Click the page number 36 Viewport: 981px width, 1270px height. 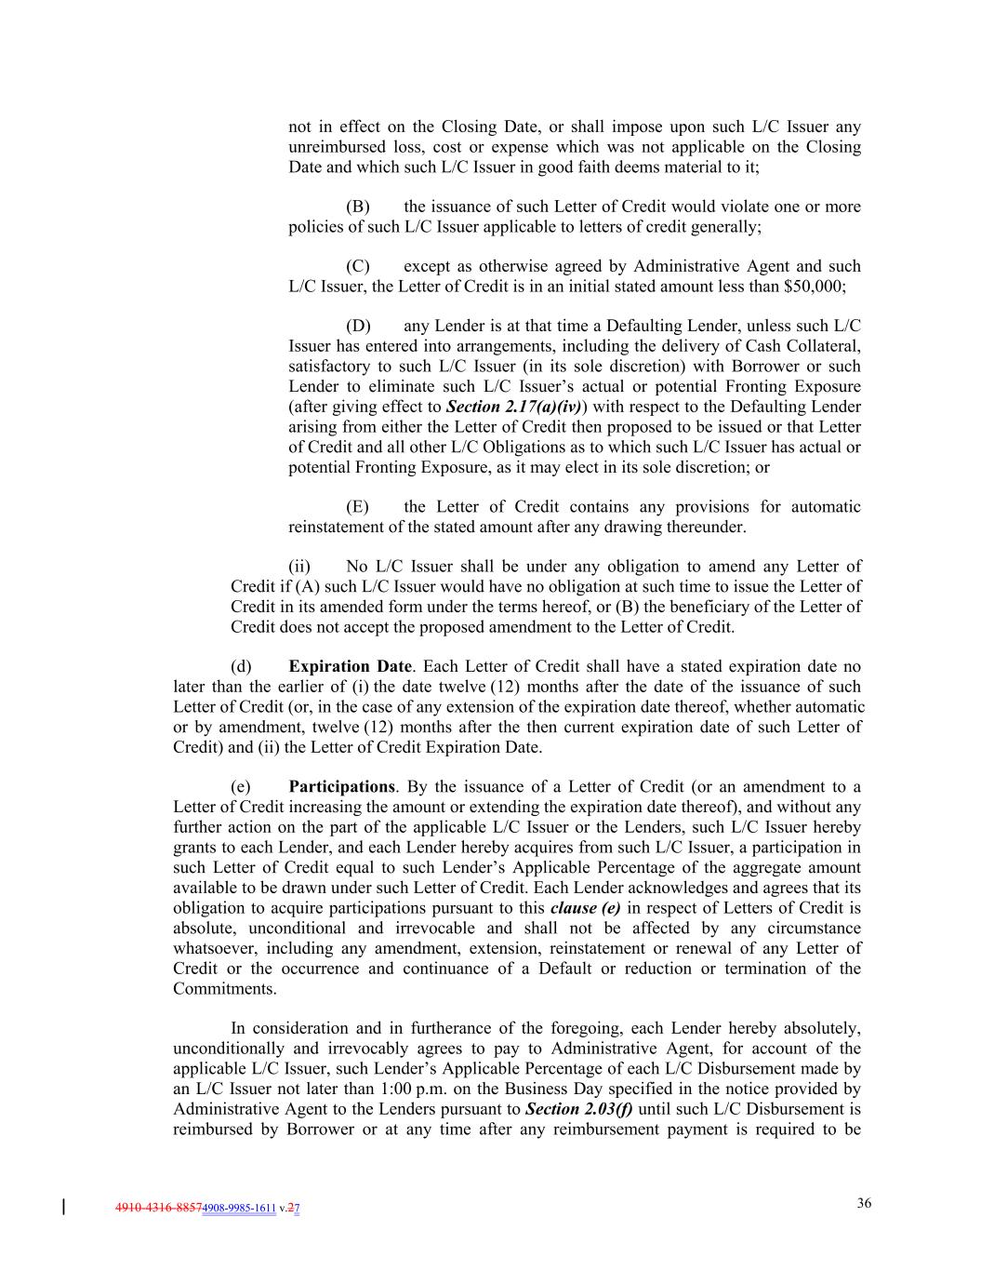[864, 1203]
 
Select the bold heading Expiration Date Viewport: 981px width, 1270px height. [350, 666]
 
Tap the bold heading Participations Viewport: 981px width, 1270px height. [341, 787]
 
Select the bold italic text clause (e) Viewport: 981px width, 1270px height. [585, 908]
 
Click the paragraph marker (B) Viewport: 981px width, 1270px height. [358, 207]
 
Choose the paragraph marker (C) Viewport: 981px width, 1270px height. [358, 267]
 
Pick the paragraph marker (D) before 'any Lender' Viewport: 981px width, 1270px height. [358, 327]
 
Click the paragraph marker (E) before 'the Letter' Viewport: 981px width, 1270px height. [357, 507]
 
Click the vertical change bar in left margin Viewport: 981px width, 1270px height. [63, 1208]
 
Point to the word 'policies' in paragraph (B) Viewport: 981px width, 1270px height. [315, 227]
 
